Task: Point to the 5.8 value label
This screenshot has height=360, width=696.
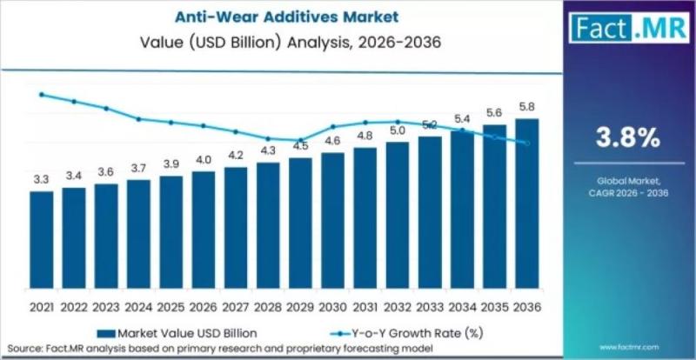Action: coord(527,106)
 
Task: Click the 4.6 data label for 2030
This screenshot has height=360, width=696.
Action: coord(332,140)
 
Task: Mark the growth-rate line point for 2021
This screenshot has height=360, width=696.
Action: coord(41,94)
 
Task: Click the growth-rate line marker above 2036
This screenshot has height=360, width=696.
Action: coord(527,143)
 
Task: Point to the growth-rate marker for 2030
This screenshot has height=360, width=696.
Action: coord(332,127)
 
